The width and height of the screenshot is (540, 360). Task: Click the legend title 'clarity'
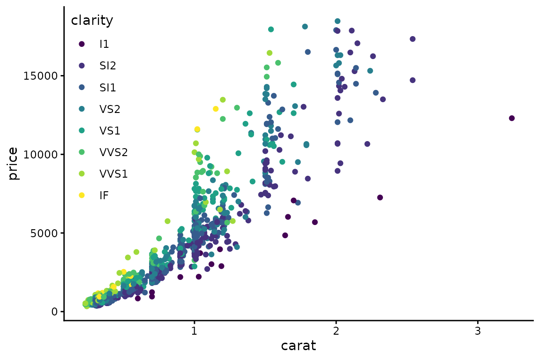point(92,21)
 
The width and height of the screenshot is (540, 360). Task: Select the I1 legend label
point(104,44)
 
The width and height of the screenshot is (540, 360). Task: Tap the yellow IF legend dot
point(82,195)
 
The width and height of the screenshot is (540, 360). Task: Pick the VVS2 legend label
point(113,152)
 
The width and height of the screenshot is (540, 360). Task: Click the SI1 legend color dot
point(82,87)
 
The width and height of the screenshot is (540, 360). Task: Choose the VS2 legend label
point(110,109)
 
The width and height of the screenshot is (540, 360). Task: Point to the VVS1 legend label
point(113,173)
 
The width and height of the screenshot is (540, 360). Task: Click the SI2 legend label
point(108,66)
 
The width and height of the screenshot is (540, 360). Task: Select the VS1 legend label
point(110,130)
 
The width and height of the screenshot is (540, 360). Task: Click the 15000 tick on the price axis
point(41,76)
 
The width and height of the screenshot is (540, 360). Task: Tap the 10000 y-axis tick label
point(41,155)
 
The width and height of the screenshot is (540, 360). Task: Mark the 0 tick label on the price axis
point(55,312)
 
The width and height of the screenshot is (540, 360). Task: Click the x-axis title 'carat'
point(298,346)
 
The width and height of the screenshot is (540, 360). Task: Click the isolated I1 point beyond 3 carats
point(511,118)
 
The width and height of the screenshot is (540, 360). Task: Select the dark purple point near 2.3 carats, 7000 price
point(380,197)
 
